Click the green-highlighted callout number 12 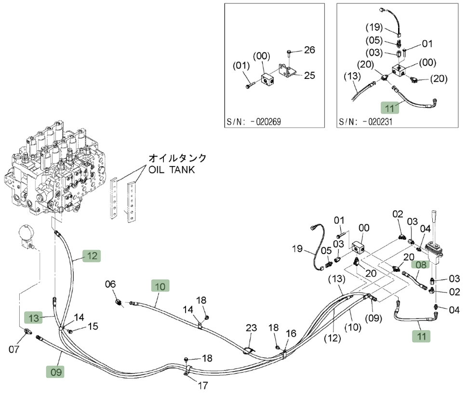[92, 256]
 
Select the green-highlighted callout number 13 [34, 318]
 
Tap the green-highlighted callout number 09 [55, 371]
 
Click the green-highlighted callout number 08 [421, 265]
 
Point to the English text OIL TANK [172, 170]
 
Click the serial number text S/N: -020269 [254, 122]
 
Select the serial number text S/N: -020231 [366, 122]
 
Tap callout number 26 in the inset [309, 50]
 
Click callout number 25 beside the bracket [309, 75]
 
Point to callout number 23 [251, 328]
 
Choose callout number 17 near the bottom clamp [203, 386]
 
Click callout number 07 [14, 349]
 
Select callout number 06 [110, 284]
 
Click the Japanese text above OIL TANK [177, 158]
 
